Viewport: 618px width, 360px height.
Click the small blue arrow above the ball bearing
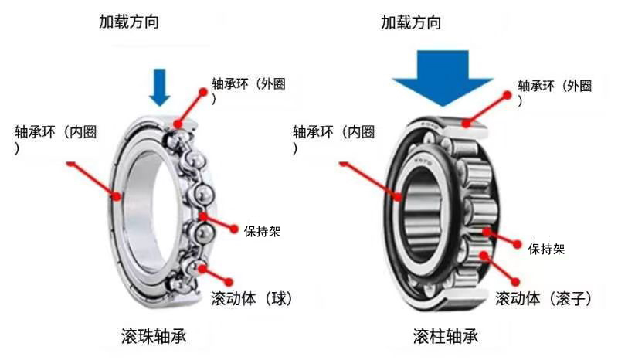click(x=160, y=87)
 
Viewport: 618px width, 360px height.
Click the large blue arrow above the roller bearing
click(x=442, y=79)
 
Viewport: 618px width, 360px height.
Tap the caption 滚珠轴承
click(x=154, y=336)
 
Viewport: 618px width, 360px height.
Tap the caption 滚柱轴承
click(x=446, y=336)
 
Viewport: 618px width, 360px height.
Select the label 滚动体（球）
click(x=252, y=298)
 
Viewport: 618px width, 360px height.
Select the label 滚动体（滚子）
click(x=544, y=298)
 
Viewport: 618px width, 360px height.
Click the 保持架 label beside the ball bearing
click(x=262, y=231)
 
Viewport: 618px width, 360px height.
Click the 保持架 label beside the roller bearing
click(x=546, y=249)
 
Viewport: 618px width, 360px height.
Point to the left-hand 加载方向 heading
click(x=129, y=22)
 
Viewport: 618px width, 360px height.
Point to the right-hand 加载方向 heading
click(x=411, y=22)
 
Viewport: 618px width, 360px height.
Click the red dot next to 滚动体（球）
click(x=229, y=282)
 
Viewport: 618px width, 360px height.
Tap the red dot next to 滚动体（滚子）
click(x=515, y=282)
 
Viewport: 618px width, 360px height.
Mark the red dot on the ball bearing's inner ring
click(x=117, y=195)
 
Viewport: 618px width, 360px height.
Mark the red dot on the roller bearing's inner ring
click(x=399, y=195)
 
